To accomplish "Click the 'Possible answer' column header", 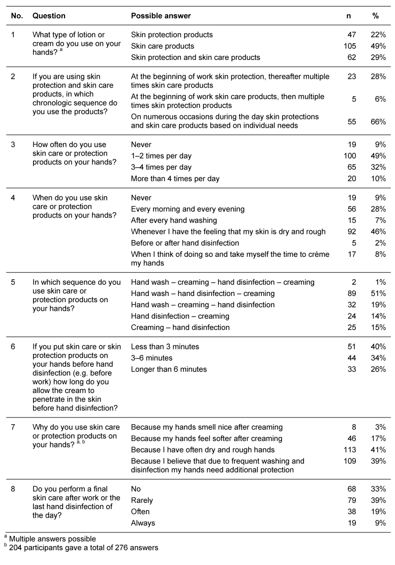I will (161, 16).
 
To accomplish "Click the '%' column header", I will (376, 16).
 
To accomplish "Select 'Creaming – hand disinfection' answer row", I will (180, 327).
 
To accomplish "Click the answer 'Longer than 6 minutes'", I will (169, 369).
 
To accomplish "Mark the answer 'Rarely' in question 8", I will (142, 500).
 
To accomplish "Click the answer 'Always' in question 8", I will (143, 523).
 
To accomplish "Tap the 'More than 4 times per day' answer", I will (175, 179).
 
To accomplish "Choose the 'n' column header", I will (348, 16).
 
